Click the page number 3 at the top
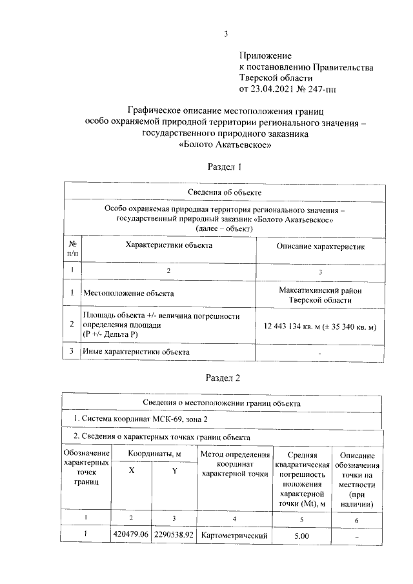click(x=225, y=34)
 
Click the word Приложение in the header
click(x=266, y=56)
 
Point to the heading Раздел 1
click(x=224, y=167)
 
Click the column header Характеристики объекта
click(x=169, y=245)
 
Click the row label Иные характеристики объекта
click(x=136, y=352)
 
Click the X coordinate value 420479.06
click(x=131, y=535)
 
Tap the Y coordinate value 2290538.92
click(x=174, y=535)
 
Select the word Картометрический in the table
click(x=234, y=535)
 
